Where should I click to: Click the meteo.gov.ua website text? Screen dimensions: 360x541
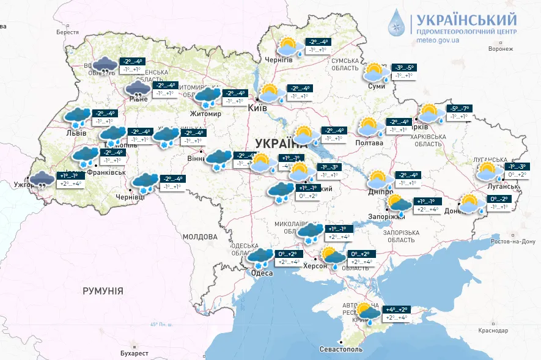(x=438, y=40)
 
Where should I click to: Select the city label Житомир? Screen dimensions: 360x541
(x=205, y=114)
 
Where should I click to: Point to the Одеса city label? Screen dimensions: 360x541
(x=262, y=273)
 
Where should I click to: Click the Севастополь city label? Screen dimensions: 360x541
(x=340, y=350)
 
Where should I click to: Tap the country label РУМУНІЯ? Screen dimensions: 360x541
(x=103, y=291)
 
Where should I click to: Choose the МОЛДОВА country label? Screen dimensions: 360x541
(x=200, y=237)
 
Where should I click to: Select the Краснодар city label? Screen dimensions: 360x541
(x=493, y=331)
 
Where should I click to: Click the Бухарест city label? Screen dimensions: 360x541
(x=134, y=353)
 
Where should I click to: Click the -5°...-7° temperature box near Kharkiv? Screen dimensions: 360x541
(x=458, y=108)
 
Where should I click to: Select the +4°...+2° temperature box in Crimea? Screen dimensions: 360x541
(x=396, y=310)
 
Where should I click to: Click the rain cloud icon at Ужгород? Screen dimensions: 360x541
(x=42, y=180)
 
